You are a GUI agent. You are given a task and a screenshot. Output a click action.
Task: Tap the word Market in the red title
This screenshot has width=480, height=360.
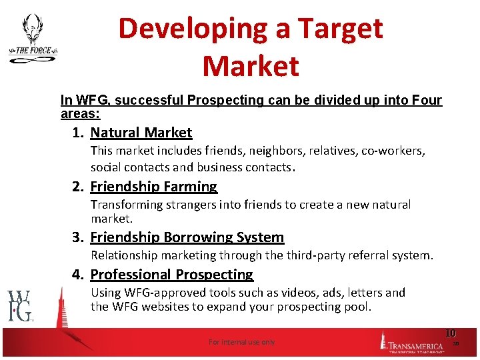tap(251, 66)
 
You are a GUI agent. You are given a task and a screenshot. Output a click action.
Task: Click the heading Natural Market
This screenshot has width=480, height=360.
tap(141, 133)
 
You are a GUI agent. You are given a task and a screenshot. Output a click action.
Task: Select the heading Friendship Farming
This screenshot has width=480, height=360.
tap(153, 187)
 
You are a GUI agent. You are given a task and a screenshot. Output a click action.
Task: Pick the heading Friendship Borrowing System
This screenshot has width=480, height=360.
tap(187, 237)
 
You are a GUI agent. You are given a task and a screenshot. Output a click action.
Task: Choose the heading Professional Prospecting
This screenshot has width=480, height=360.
tap(171, 275)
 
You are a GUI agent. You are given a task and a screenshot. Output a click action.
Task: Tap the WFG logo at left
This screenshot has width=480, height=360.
tap(20, 306)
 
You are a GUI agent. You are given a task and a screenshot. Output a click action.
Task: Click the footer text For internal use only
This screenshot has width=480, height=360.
tap(241, 342)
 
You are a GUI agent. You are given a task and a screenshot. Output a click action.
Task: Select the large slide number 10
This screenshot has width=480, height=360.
tap(450, 333)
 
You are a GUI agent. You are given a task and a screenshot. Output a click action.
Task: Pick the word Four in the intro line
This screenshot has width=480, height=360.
tap(427, 100)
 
